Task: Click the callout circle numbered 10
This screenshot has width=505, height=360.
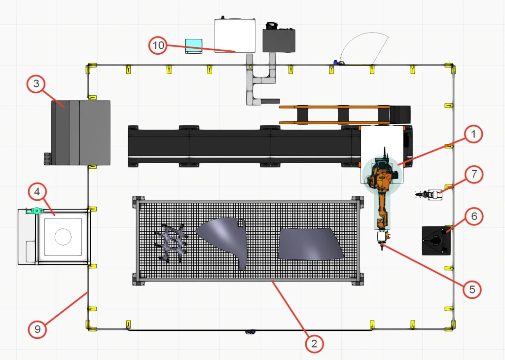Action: click(x=158, y=45)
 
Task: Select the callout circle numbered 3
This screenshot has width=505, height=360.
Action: click(x=36, y=84)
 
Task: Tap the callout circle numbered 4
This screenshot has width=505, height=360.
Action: click(x=37, y=192)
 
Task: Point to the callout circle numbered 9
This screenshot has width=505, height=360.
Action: click(x=37, y=329)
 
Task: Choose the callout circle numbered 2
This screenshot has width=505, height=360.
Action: click(x=314, y=344)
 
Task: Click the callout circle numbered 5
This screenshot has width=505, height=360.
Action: click(x=472, y=289)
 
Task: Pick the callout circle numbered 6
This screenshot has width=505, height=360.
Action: click(x=474, y=216)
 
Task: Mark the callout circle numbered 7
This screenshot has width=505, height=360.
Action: click(x=474, y=174)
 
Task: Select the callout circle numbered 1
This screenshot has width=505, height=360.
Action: click(x=473, y=134)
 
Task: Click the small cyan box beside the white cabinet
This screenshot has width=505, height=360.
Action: click(x=193, y=46)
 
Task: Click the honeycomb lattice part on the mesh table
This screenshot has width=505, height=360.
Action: click(x=171, y=242)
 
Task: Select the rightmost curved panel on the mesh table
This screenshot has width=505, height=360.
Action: click(x=311, y=244)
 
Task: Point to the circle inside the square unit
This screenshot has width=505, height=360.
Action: click(x=63, y=237)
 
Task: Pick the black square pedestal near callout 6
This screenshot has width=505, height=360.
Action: click(x=436, y=241)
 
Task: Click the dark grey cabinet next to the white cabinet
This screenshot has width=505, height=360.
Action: click(x=279, y=40)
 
